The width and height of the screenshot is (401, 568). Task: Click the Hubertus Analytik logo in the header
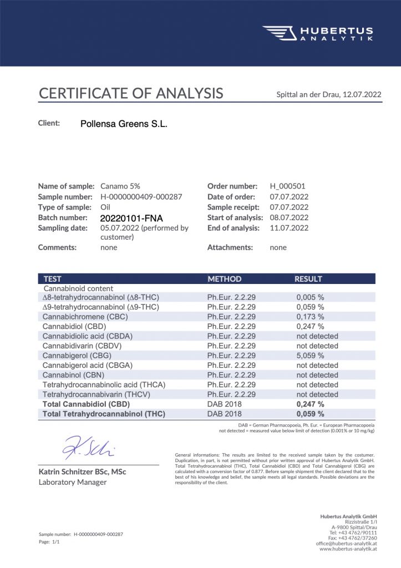pos(317,33)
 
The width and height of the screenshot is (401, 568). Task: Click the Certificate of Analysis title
pos(131,93)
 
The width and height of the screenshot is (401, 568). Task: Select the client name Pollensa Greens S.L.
pos(124,124)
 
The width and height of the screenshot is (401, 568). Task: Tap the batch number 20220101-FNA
pos(131,218)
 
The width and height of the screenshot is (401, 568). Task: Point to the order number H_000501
pos(287,186)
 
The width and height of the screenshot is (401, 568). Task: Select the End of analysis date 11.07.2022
pos(289,228)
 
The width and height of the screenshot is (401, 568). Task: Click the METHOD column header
pos(224,279)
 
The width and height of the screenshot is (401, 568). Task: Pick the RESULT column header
pos(308,279)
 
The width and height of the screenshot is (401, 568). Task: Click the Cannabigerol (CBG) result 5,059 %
pos(310,356)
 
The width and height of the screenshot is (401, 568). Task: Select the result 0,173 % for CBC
pos(310,317)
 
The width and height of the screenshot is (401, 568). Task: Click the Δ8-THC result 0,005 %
pos(310,297)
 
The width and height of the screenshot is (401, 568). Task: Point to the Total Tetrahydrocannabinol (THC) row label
pos(104,414)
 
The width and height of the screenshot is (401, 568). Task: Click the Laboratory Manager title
pos(72,482)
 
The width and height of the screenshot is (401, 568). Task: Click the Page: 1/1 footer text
pos(49,541)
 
